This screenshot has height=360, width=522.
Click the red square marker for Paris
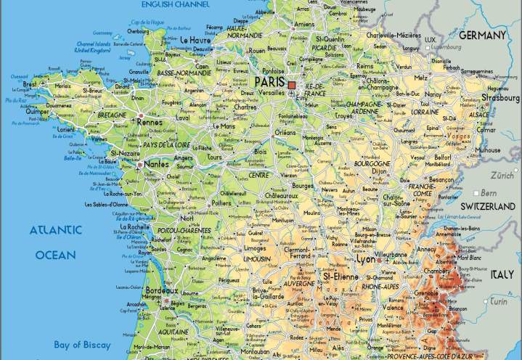click(292, 85)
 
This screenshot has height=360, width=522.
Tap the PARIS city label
click(269, 82)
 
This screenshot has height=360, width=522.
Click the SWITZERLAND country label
click(487, 207)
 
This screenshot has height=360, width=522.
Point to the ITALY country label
click(501, 274)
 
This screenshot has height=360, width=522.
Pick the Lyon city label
click(365, 259)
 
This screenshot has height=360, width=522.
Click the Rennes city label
click(150, 122)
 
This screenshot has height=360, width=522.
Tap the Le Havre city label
click(196, 40)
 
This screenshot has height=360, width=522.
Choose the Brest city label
click(30, 84)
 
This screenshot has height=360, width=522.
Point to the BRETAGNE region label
click(111, 115)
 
